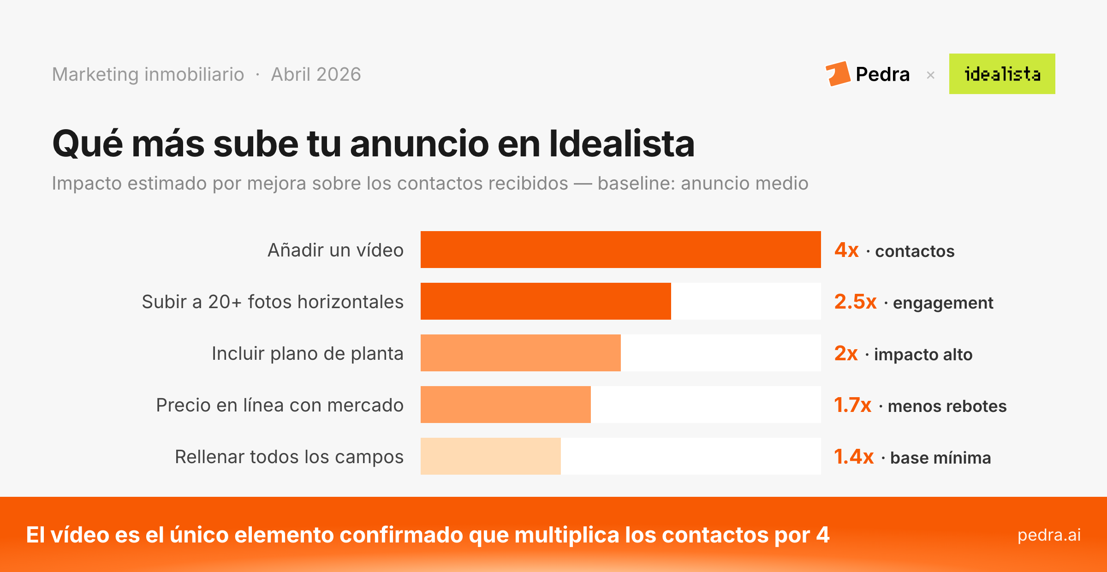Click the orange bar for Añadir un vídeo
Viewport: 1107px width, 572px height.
(620, 250)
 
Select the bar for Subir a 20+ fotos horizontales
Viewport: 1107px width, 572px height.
(546, 301)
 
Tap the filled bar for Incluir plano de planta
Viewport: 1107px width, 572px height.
(520, 353)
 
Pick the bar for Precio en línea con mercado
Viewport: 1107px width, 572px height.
(506, 405)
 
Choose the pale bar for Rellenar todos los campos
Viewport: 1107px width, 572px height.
(490, 456)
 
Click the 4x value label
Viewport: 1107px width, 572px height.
(846, 250)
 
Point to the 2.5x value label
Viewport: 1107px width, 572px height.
(855, 302)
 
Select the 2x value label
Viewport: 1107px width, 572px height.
(846, 354)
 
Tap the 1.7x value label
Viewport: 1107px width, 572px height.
(852, 405)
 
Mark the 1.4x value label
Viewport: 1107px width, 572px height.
(854, 457)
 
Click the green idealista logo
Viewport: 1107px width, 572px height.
(1002, 74)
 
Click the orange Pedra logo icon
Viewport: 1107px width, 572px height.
(838, 74)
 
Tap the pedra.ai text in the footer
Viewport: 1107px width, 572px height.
(1049, 535)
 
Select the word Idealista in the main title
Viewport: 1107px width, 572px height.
(621, 144)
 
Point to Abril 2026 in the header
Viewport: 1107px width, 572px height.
(316, 74)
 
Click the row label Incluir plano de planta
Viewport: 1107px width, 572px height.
(307, 354)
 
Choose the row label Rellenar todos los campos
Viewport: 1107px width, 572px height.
(289, 457)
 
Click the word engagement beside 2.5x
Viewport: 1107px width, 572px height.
(943, 303)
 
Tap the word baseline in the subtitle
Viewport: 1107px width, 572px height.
(636, 184)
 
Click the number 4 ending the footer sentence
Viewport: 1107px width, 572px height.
(823, 535)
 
